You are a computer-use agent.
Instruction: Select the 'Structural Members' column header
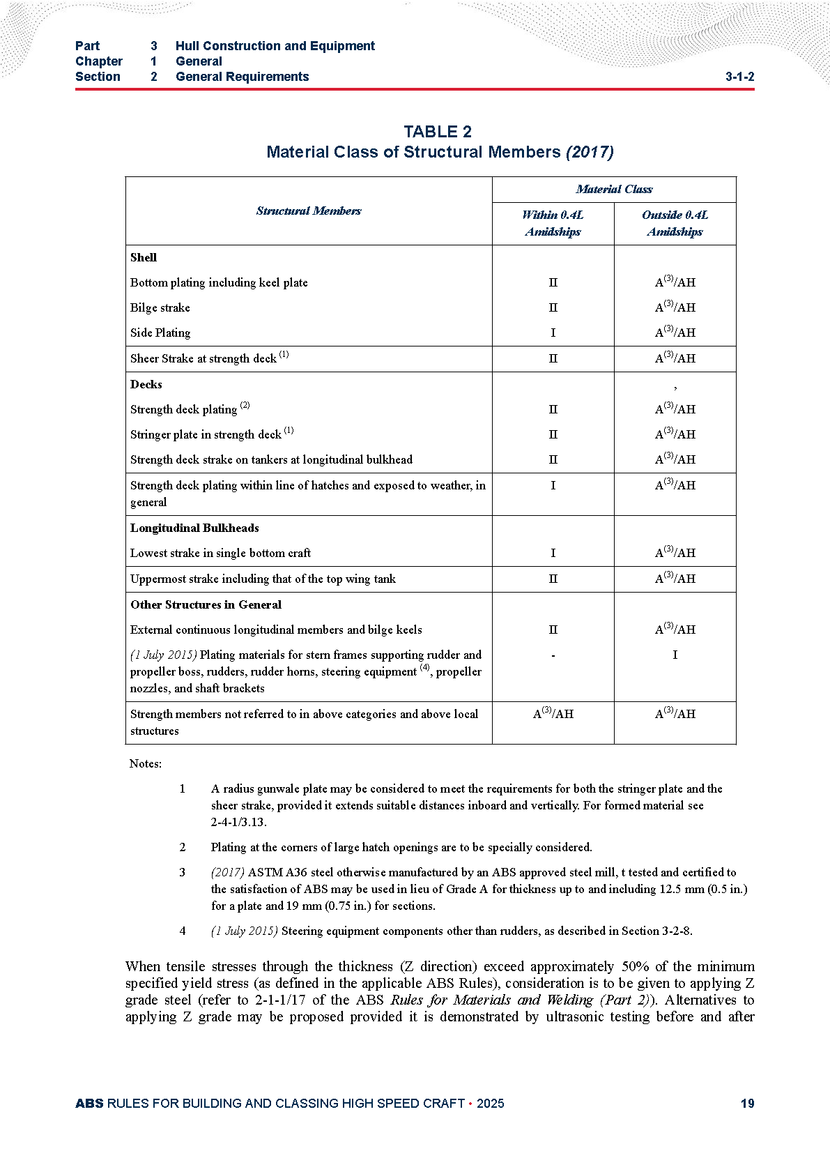(308, 211)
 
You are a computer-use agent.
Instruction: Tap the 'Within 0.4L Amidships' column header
(553, 223)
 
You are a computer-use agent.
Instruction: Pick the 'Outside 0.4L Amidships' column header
(675, 223)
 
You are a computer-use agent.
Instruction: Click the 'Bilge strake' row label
(160, 307)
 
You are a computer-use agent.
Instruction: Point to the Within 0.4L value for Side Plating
(553, 333)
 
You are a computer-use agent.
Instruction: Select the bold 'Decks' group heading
(146, 384)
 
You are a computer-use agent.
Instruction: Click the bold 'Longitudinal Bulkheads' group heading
(194, 528)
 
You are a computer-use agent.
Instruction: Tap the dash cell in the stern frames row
(553, 655)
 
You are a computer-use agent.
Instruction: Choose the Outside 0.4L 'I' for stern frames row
(675, 655)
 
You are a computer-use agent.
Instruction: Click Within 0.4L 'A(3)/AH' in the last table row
(553, 713)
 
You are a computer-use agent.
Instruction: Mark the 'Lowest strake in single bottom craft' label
(220, 553)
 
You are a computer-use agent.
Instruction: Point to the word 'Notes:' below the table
(145, 763)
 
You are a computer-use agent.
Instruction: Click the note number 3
(183, 872)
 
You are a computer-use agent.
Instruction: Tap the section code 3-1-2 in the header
(739, 77)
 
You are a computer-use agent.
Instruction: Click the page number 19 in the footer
(747, 1104)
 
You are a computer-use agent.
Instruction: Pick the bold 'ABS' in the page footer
(89, 1104)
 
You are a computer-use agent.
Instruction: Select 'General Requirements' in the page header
(242, 77)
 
